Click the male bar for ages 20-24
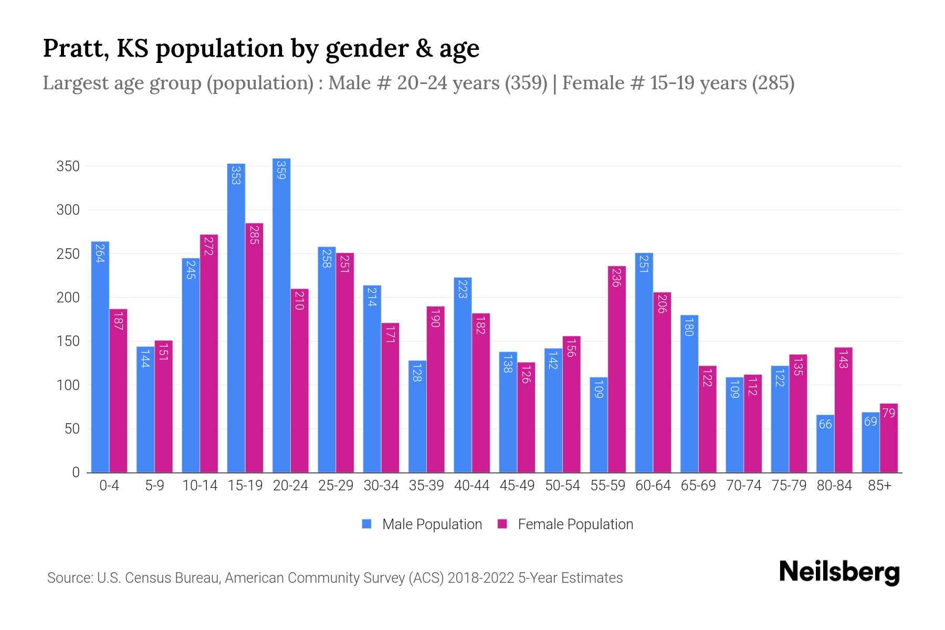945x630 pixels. click(281, 315)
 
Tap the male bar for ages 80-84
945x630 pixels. click(825, 444)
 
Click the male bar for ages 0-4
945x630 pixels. click(100, 357)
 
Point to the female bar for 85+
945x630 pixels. click(888, 438)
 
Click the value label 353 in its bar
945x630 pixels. click(236, 175)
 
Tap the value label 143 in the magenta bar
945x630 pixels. click(843, 359)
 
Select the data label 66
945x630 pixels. click(825, 424)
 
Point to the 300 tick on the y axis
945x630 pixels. click(68, 210)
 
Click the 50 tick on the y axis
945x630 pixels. click(72, 429)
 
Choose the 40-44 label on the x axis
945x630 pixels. click(471, 486)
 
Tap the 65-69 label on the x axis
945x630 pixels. click(698, 486)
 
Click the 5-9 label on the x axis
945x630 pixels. click(154, 486)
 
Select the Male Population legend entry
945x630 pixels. click(432, 524)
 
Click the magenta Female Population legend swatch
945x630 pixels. click(502, 524)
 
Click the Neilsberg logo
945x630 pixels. click(839, 572)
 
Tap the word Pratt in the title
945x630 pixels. click(76, 48)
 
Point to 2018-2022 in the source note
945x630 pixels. click(480, 578)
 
